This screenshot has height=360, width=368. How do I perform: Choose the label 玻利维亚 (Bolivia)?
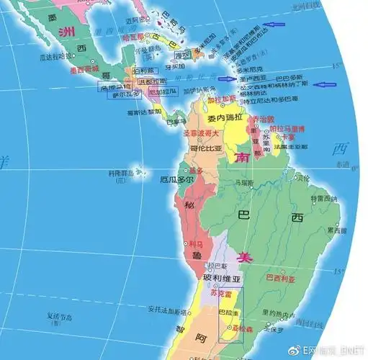[x=225, y=278]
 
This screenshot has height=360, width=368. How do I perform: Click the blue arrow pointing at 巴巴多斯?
[x=327, y=85]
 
